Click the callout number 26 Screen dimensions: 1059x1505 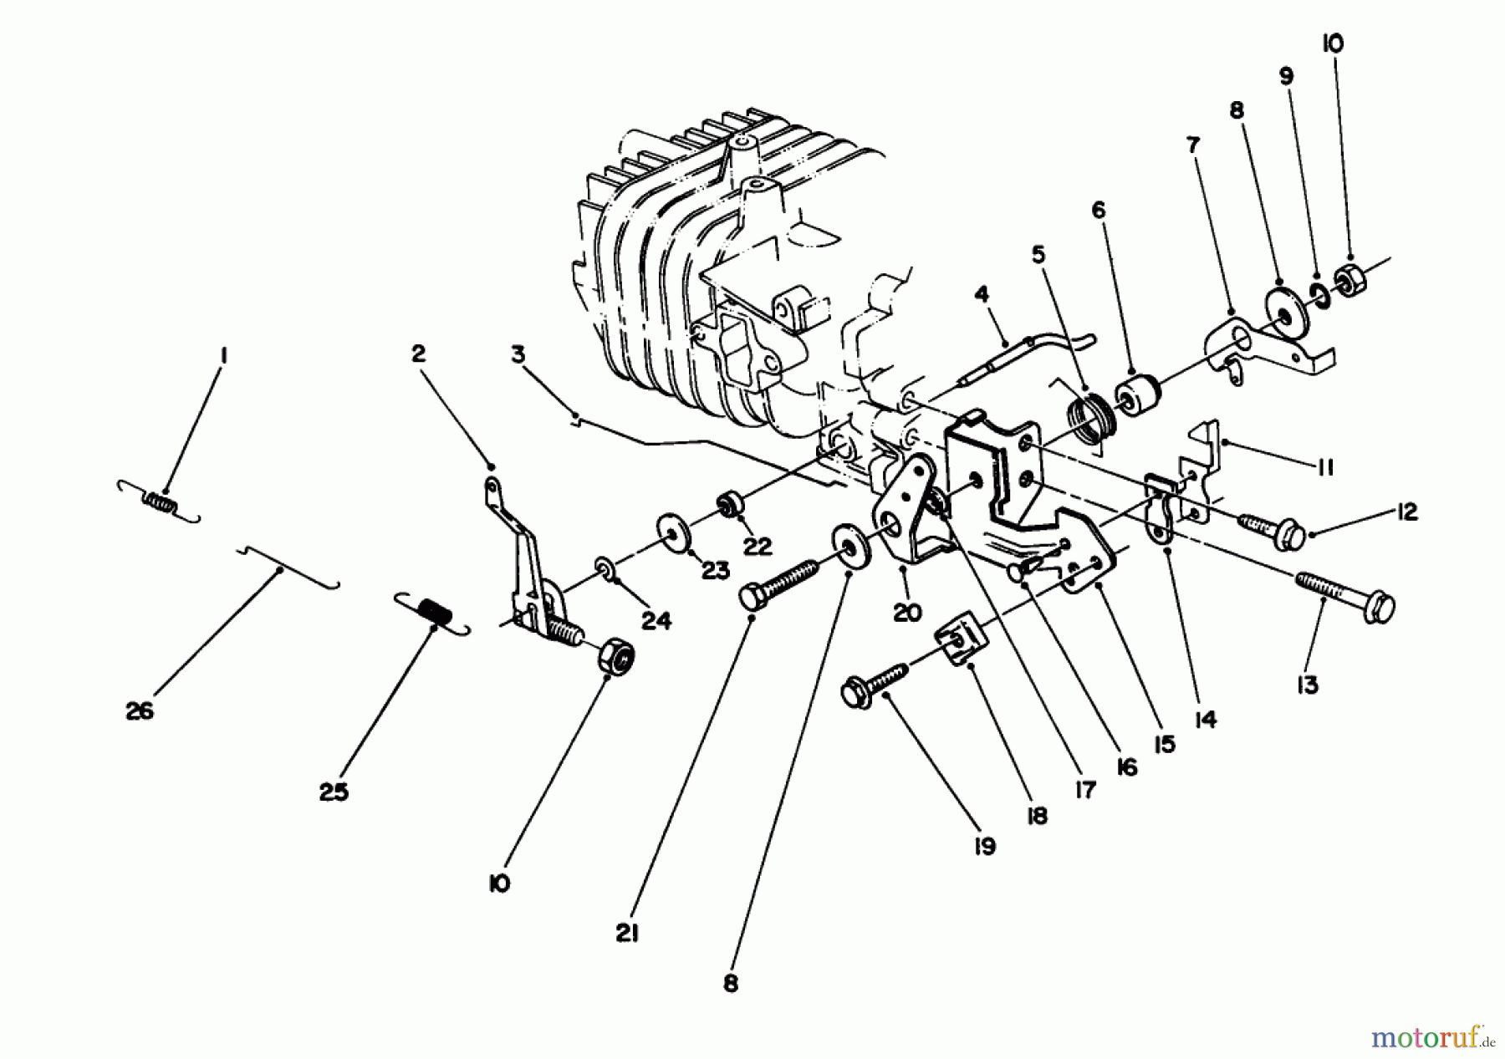click(140, 711)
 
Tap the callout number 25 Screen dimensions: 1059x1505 click(333, 792)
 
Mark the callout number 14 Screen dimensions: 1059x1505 click(1205, 718)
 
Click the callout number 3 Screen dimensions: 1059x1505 click(519, 354)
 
